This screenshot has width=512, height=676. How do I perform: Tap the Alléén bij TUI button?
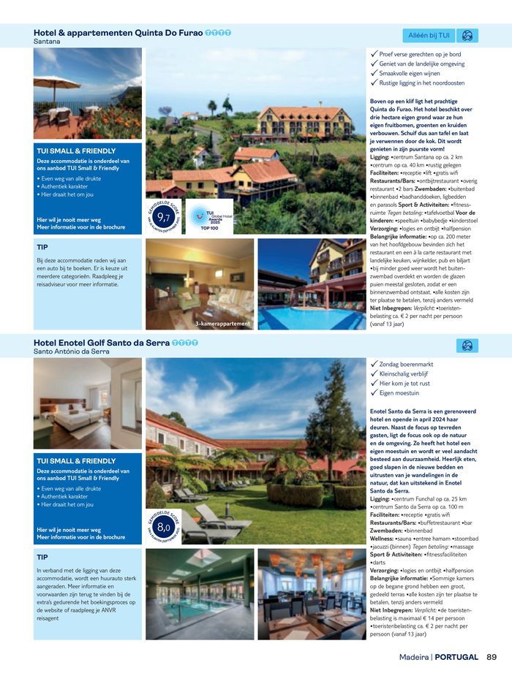click(429, 35)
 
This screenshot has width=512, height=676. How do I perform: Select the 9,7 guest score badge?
click(165, 217)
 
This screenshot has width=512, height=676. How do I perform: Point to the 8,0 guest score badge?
click(164, 527)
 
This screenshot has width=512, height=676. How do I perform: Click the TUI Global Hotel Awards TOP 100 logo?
click(209, 217)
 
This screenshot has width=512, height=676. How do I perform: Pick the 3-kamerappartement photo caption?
click(222, 324)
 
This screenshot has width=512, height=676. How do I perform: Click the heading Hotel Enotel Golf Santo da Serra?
click(102, 342)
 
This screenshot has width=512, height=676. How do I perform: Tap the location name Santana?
click(47, 42)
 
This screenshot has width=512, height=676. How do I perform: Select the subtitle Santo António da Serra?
click(72, 352)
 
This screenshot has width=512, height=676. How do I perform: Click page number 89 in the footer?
click(492, 657)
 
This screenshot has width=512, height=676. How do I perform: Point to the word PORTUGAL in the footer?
click(456, 657)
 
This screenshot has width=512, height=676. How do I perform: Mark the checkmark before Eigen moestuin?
click(374, 392)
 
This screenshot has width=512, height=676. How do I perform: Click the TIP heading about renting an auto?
click(42, 247)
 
